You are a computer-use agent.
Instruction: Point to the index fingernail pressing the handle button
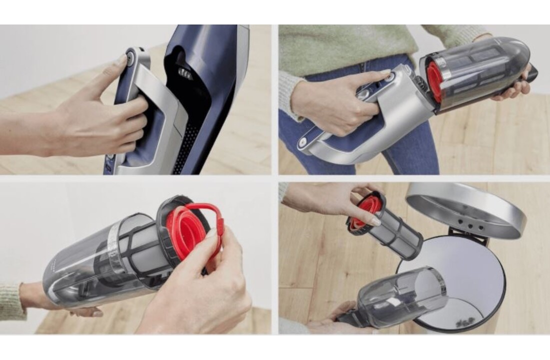[122, 61]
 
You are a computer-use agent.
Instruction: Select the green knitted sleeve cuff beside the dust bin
[12, 300]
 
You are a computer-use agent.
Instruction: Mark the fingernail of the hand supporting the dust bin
[97, 313]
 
